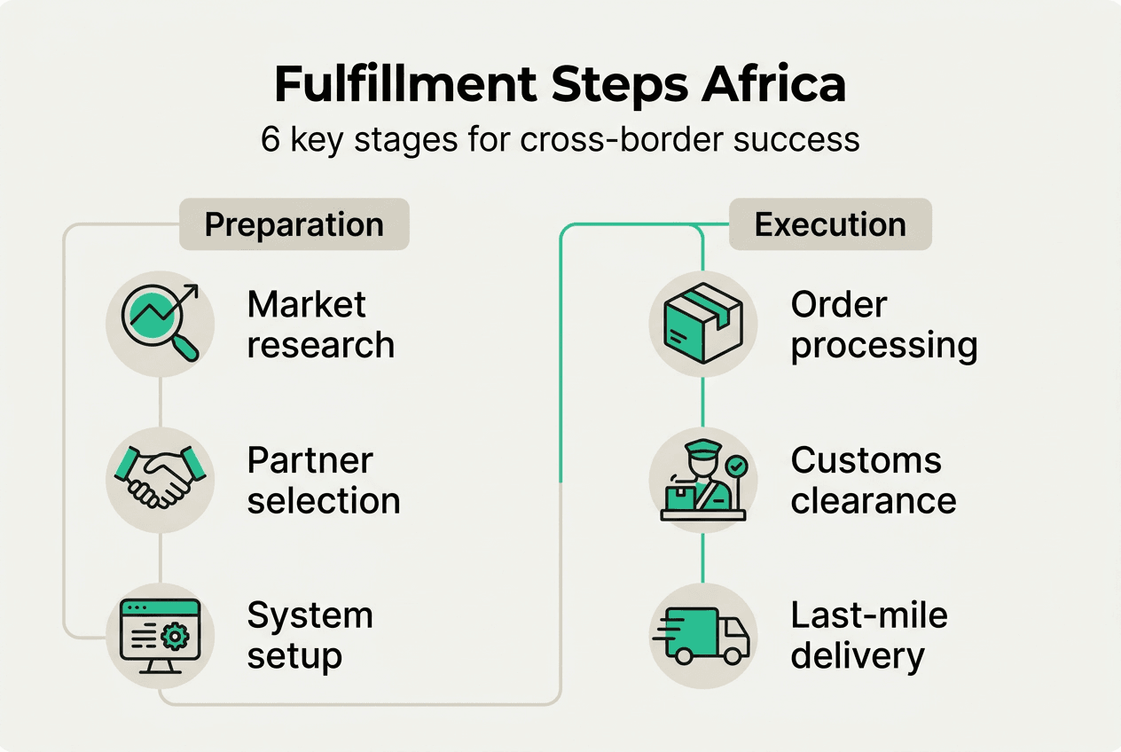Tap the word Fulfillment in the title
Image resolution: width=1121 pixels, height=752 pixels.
(x=405, y=84)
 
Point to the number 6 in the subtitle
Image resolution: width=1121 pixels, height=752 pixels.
(x=270, y=140)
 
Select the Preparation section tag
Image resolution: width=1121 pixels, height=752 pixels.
(x=294, y=224)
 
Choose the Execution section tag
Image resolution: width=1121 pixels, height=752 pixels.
(x=830, y=224)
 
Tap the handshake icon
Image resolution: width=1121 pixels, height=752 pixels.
(x=160, y=478)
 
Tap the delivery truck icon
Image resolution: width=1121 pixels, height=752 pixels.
(x=702, y=635)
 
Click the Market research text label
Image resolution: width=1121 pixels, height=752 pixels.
(x=320, y=325)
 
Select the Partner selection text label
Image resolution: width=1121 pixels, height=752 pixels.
(x=324, y=481)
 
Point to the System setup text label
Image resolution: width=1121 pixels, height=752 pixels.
(x=310, y=636)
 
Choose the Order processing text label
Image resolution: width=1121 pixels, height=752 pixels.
(x=884, y=325)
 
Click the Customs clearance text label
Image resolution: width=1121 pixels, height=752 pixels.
(x=874, y=481)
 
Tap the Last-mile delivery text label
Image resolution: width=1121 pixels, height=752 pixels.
(x=869, y=636)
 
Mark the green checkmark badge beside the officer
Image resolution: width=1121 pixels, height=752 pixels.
(x=736, y=466)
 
